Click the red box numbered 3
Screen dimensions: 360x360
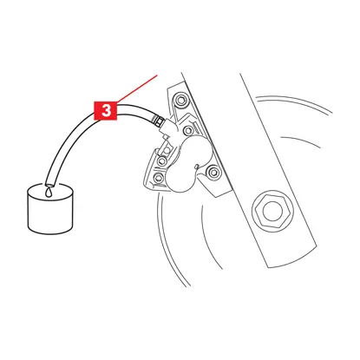(x=106, y=110)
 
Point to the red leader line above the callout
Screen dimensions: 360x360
(x=137, y=88)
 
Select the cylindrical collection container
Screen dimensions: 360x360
(x=50, y=208)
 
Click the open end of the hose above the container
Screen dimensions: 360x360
(x=51, y=183)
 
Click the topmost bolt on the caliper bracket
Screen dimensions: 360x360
(x=180, y=100)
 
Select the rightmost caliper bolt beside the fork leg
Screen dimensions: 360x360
(x=213, y=172)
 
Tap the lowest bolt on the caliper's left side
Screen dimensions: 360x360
(x=158, y=177)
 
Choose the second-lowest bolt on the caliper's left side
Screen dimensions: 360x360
(x=162, y=160)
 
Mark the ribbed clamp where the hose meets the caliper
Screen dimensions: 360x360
(x=158, y=121)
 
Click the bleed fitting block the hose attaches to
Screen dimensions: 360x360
(x=168, y=128)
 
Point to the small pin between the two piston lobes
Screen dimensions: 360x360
(x=197, y=167)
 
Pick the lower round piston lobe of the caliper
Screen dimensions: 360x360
(x=181, y=180)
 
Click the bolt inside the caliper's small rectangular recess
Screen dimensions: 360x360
(x=167, y=150)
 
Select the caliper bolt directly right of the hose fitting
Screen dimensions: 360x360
(x=189, y=130)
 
